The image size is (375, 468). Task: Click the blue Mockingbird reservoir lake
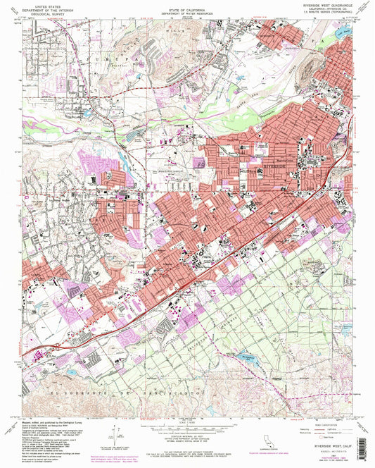[x=248, y=356]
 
